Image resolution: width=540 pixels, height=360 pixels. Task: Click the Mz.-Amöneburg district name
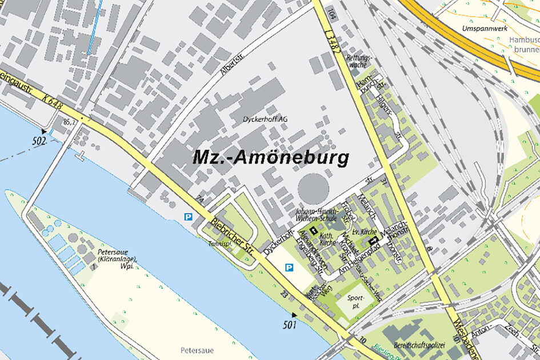click(271, 157)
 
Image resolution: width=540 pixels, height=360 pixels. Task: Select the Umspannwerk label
click(485, 27)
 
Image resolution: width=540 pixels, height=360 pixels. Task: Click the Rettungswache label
click(360, 62)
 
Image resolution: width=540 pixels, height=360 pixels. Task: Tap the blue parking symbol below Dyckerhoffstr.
click(289, 267)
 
